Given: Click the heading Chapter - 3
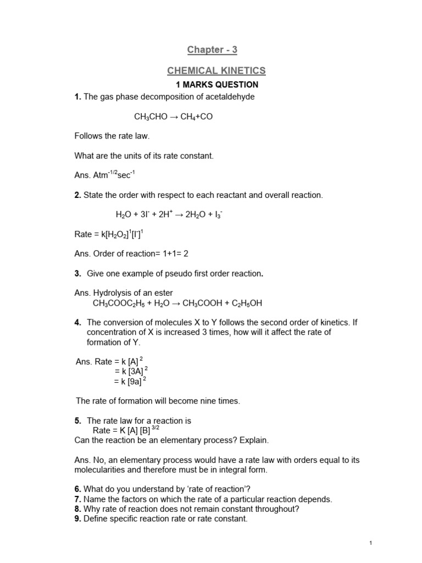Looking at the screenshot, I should (212, 50).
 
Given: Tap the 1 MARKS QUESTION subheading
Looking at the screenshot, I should (216, 85).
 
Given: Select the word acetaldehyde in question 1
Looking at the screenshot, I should (231, 97).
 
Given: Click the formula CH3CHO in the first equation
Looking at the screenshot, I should (149, 117).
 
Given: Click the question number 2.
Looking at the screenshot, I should (77, 195).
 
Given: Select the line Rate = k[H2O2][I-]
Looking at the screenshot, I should (109, 234).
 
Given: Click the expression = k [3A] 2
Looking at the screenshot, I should (127, 371).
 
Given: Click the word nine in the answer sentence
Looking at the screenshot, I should (204, 401).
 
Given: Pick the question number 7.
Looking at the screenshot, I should (77, 499).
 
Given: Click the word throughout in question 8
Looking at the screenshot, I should (279, 509).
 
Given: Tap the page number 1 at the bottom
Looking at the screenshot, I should (372, 543).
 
